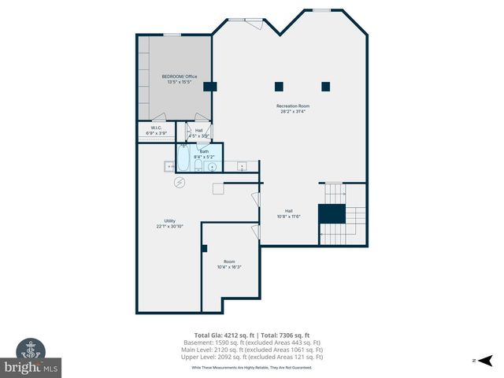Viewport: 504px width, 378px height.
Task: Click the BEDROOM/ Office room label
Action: click(x=180, y=76)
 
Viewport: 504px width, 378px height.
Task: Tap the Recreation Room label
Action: click(x=292, y=106)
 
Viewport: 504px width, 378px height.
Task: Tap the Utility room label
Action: click(x=169, y=220)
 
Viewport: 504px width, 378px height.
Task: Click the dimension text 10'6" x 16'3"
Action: click(x=229, y=267)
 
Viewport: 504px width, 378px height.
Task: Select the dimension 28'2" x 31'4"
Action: click(x=292, y=112)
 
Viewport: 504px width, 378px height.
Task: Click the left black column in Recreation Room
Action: click(x=279, y=86)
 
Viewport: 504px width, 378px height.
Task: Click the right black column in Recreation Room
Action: click(x=325, y=86)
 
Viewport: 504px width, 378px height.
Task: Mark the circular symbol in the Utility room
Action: click(x=180, y=183)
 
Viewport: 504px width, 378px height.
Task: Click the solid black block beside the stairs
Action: click(x=331, y=213)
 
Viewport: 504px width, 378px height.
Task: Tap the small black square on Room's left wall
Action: click(x=204, y=248)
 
